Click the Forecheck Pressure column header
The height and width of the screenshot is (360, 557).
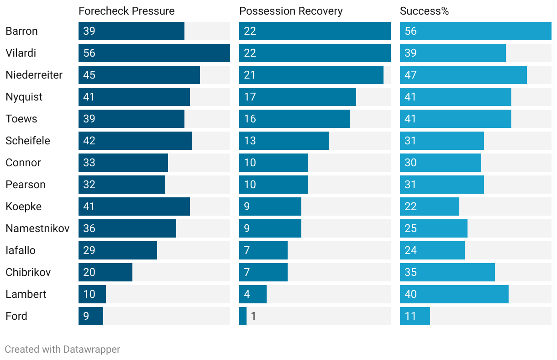(126, 11)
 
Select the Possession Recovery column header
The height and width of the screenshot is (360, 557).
(291, 11)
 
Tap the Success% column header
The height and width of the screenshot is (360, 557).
(424, 11)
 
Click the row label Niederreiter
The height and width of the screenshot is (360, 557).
(34, 75)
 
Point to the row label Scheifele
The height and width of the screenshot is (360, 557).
(27, 141)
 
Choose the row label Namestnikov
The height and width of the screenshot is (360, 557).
(37, 228)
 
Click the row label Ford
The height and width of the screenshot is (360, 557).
(16, 316)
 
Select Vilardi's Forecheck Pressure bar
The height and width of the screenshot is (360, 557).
(154, 53)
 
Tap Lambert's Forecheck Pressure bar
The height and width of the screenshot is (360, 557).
(92, 294)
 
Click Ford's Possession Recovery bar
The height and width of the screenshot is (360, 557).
(243, 316)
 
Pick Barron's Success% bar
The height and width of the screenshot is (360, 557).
(475, 31)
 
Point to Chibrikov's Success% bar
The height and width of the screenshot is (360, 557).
(447, 272)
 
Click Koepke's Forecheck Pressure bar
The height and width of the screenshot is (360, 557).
(134, 206)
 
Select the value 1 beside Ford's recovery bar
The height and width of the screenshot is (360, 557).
(253, 316)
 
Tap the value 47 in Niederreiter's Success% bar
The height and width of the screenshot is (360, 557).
(410, 75)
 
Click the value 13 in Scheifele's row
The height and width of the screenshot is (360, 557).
(250, 141)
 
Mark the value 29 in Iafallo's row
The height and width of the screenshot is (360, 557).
(89, 250)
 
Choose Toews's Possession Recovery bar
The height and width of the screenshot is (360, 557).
(294, 119)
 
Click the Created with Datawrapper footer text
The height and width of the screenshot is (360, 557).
(62, 349)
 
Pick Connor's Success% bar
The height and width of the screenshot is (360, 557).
(440, 163)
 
